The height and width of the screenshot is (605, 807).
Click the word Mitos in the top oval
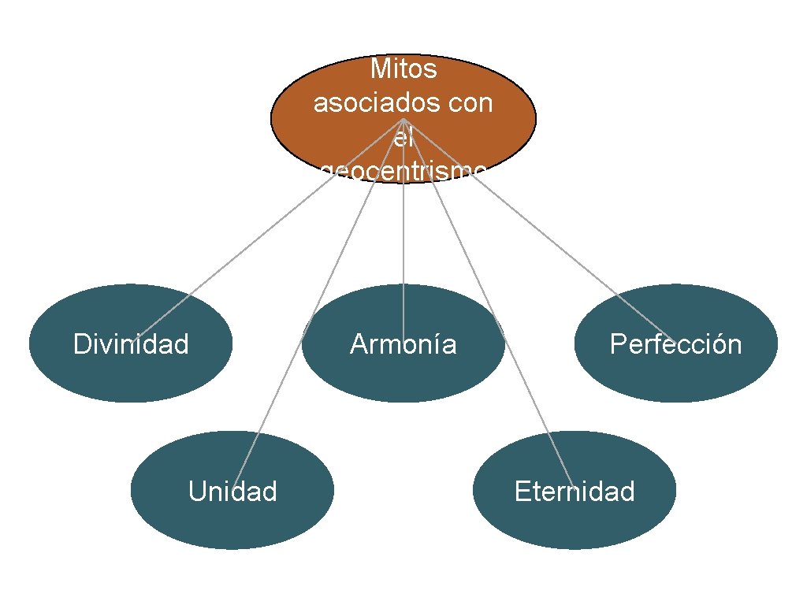click(x=403, y=69)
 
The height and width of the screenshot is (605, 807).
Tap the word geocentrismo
click(x=403, y=171)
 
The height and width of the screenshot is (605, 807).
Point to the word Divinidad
click(x=131, y=344)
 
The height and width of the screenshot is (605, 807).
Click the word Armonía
click(x=403, y=344)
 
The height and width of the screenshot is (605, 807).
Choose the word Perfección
click(x=675, y=344)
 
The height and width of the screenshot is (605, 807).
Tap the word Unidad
click(x=232, y=492)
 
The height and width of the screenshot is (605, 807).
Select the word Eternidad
click(x=574, y=492)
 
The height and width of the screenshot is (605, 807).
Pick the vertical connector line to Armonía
click(x=403, y=236)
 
